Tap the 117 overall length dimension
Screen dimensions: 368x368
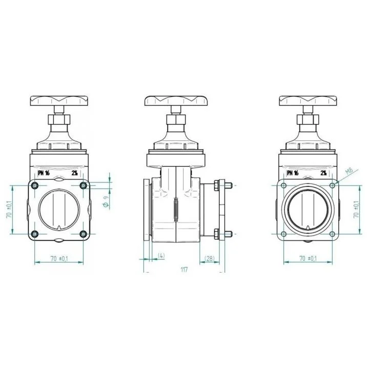[x=184, y=270]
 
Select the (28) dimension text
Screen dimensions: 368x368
[x=210, y=258]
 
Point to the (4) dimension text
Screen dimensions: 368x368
[x=161, y=256]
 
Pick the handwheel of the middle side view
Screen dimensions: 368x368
[x=176, y=101]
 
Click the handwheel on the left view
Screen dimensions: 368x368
[x=59, y=100]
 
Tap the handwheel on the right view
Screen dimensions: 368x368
[x=308, y=100]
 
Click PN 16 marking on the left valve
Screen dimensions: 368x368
[x=44, y=173]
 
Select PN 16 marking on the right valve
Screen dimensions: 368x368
[x=293, y=173]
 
